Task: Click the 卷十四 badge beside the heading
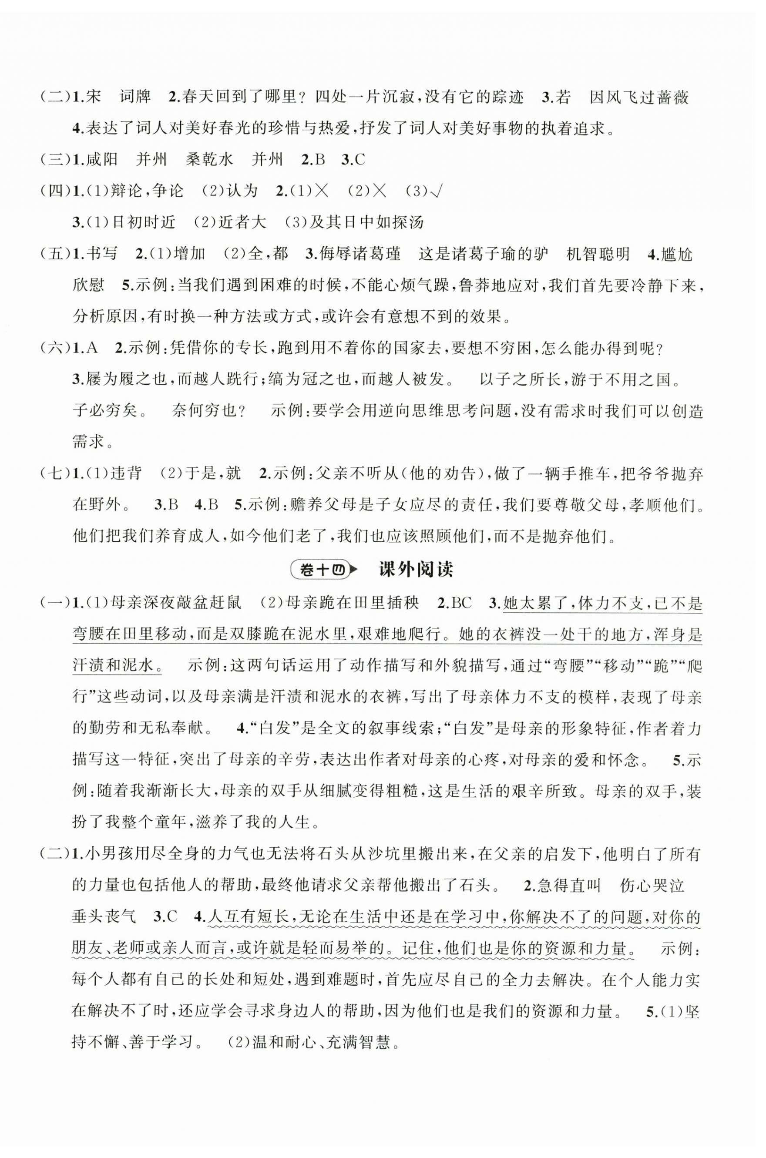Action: click(x=321, y=570)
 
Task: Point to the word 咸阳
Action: click(x=104, y=160)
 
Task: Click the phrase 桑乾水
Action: click(x=210, y=160)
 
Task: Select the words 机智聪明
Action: click(x=598, y=254)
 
